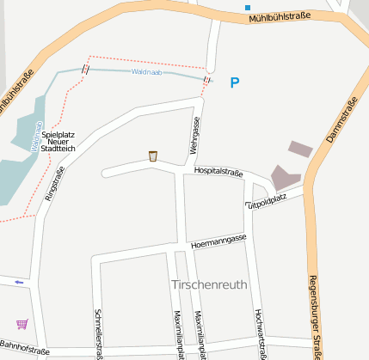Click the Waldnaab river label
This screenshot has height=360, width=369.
(145, 72)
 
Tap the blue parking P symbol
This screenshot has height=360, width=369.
(235, 82)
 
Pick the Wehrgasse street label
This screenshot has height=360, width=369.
(195, 136)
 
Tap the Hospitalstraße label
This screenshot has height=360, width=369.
(218, 173)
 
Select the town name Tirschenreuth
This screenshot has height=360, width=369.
(210, 284)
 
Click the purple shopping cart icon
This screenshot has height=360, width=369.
(22, 324)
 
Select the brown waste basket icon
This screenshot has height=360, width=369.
(152, 156)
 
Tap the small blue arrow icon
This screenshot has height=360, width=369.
(19, 282)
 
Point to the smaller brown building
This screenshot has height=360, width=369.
(300, 149)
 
